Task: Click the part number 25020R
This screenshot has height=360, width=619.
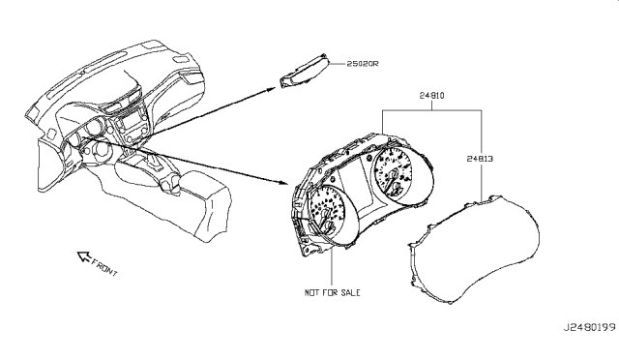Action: pyautogui.click(x=362, y=64)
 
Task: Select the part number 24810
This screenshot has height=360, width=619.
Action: pyautogui.click(x=431, y=96)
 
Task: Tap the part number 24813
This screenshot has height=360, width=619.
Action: pyautogui.click(x=480, y=159)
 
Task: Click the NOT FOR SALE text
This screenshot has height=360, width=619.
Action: pyautogui.click(x=332, y=292)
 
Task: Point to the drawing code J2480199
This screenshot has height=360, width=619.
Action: pyautogui.click(x=589, y=328)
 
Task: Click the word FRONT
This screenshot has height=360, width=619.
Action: pyautogui.click(x=104, y=267)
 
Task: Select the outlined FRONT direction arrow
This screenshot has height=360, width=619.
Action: pyautogui.click(x=84, y=256)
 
